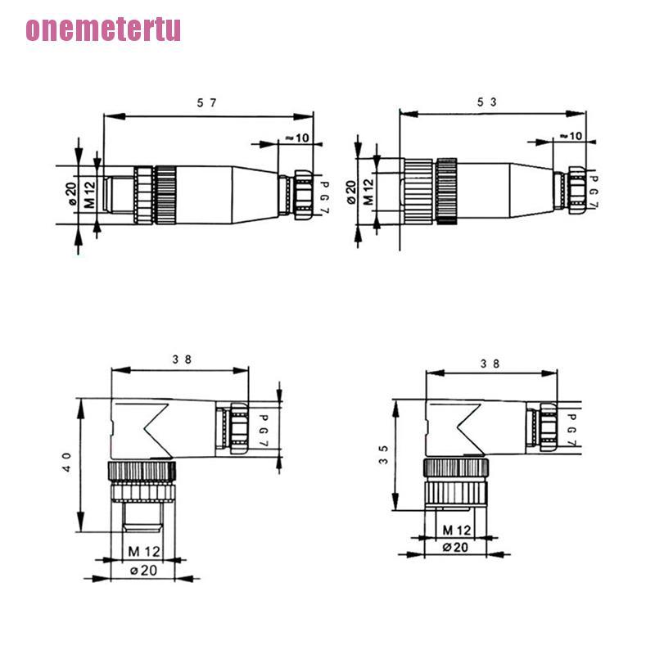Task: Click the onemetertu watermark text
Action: pyautogui.click(x=103, y=29)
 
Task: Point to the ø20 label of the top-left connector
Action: pyautogui.click(x=71, y=194)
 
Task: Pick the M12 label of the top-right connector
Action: pyautogui.click(x=368, y=192)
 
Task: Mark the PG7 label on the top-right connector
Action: pyautogui.click(x=595, y=192)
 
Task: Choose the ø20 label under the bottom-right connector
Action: pyautogui.click(x=456, y=548)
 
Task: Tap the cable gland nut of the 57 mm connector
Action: pyautogui.click(x=301, y=196)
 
